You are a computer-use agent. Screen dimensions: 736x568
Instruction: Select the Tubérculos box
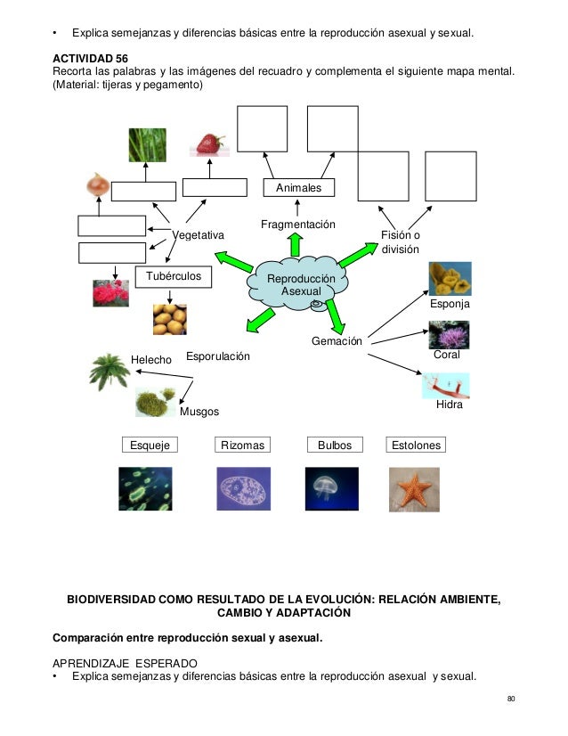[x=174, y=276]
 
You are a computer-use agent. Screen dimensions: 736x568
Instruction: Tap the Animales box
[x=299, y=188]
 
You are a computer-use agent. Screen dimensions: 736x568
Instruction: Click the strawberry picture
[x=210, y=143]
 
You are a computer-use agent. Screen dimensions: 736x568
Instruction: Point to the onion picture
[x=99, y=184]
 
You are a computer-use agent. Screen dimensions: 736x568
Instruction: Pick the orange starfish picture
[x=414, y=488]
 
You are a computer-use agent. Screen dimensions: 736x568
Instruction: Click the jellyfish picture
[x=331, y=488]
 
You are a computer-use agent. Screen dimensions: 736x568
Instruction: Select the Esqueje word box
[x=149, y=445]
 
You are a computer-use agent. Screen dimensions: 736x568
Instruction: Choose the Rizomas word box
[x=243, y=445]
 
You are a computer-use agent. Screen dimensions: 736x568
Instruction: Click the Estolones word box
[x=415, y=445]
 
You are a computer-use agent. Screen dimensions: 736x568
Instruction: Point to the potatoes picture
[x=169, y=319]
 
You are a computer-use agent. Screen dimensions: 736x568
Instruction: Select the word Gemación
[x=337, y=341]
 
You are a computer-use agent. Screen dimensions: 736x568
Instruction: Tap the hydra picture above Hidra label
[x=446, y=385]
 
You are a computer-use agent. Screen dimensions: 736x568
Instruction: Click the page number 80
[x=511, y=698]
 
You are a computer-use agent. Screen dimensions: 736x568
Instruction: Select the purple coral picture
[x=449, y=334]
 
